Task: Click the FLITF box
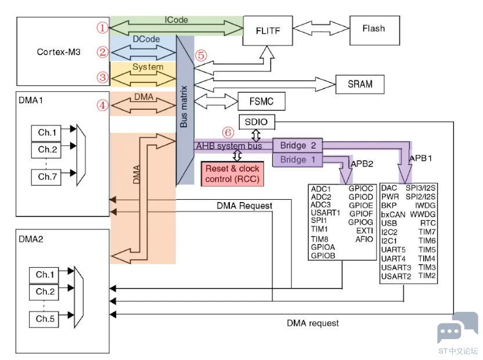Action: point(268,31)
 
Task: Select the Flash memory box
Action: point(374,30)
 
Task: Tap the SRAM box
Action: point(360,84)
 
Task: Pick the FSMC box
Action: point(261,101)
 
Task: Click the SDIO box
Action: point(257,122)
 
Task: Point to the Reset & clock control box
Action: point(232,174)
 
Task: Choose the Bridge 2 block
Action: point(298,145)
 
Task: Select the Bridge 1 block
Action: point(298,160)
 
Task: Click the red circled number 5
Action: point(201,56)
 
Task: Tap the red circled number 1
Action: point(103,28)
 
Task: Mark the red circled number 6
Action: point(228,132)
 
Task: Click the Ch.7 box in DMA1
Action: point(46,177)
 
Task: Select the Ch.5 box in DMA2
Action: point(44,319)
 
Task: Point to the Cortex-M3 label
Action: point(59,52)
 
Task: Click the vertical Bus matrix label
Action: point(183,107)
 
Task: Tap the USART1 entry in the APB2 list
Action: point(325,213)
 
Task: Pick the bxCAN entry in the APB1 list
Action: point(393,214)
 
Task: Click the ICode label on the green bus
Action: point(176,20)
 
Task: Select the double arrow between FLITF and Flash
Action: point(321,28)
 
